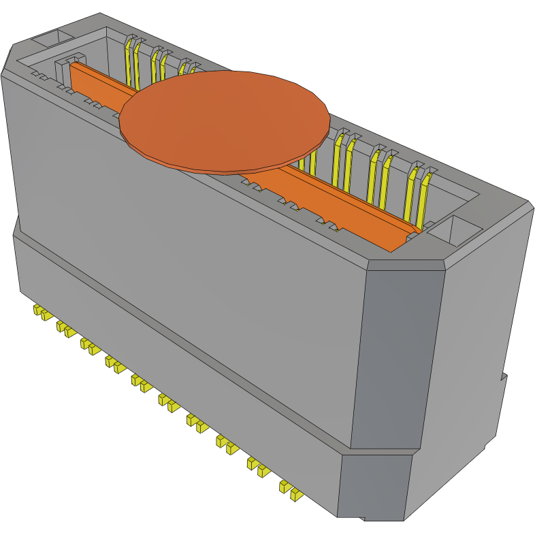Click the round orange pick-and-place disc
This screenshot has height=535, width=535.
pyautogui.click(x=225, y=119)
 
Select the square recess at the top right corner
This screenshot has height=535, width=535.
pyautogui.click(x=455, y=230)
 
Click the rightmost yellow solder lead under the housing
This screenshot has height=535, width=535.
pyautogui.click(x=295, y=495)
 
